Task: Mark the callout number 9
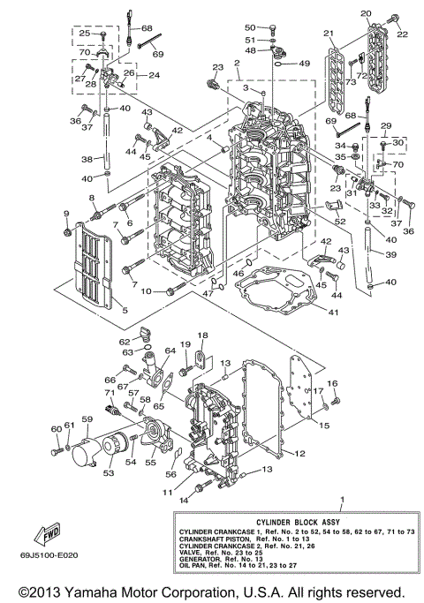pos(65,215)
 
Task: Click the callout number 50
pos(250,27)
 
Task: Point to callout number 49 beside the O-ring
pos(304,64)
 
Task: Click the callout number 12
pos(300,453)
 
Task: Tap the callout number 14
pos(185,501)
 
